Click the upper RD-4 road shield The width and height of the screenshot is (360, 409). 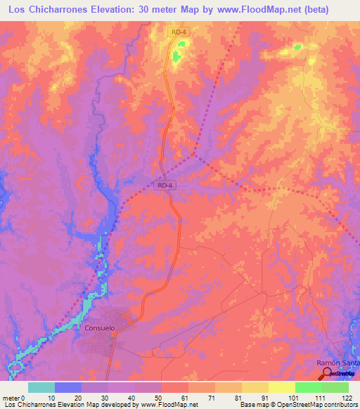179,32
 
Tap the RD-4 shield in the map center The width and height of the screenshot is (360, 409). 165,185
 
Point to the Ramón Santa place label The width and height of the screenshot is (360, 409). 337,362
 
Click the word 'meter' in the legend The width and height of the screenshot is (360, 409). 11,397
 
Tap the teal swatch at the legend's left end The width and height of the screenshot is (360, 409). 41,387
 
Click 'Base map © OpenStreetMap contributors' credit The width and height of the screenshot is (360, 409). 296,405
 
